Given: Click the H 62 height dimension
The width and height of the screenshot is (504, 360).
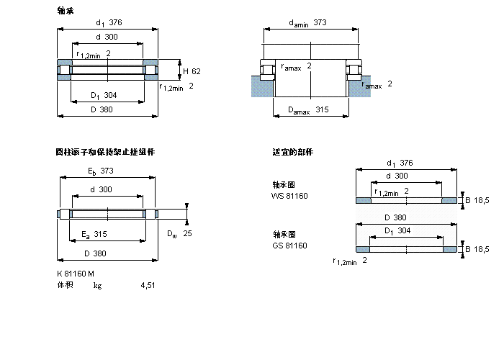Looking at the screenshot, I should pyautogui.click(x=191, y=71).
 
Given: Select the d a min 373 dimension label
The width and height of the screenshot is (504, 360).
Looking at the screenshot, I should pyautogui.click(x=307, y=23).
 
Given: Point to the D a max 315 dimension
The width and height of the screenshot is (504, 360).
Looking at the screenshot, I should pyautogui.click(x=308, y=109).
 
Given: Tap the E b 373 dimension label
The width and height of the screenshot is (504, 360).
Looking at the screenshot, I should pyautogui.click(x=101, y=171).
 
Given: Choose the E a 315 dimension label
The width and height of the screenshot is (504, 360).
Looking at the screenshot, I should pyautogui.click(x=94, y=234).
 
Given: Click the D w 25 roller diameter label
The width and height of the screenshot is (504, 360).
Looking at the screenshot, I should pyautogui.click(x=179, y=234).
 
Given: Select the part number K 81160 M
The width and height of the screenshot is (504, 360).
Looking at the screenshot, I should pyautogui.click(x=76, y=273).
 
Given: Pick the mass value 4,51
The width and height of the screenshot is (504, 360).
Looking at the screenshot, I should pyautogui.click(x=148, y=285).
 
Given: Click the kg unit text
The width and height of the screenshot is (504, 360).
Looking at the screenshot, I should pyautogui.click(x=97, y=285).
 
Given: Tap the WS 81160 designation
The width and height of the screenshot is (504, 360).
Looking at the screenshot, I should pyautogui.click(x=289, y=195).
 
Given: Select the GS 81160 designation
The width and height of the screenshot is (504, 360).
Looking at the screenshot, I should pyautogui.click(x=289, y=246).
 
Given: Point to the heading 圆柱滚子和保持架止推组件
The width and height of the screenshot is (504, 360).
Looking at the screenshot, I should pyautogui.click(x=105, y=152).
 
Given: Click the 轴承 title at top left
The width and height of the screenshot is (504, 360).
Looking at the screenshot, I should pyautogui.click(x=65, y=11).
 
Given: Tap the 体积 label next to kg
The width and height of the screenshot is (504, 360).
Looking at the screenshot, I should pyautogui.click(x=65, y=285).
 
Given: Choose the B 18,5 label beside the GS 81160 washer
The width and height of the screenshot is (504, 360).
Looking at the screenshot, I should pyautogui.click(x=477, y=249).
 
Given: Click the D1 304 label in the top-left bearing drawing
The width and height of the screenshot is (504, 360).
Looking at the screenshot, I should pyautogui.click(x=104, y=96).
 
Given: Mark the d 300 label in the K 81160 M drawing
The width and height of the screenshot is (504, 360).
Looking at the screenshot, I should pyautogui.click(x=100, y=189).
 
